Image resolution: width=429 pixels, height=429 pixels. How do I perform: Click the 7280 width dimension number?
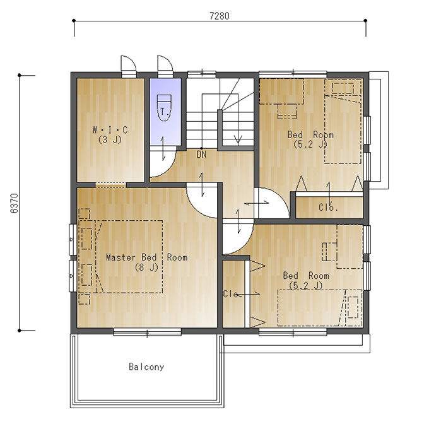click(x=220, y=16)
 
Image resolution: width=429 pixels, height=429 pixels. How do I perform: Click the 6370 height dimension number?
click(x=15, y=203)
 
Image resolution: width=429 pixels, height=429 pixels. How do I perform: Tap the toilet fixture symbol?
click(x=164, y=108)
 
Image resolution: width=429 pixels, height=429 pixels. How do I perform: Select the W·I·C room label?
click(x=110, y=130)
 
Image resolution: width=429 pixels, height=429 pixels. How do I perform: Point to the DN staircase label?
click(x=202, y=155)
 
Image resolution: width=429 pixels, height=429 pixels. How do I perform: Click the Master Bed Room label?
click(x=147, y=257)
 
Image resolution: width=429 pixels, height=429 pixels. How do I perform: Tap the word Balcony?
click(x=146, y=367)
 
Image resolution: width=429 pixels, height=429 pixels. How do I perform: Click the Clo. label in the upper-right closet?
click(x=328, y=208)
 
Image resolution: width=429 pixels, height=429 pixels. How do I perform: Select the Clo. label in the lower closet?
click(x=232, y=294)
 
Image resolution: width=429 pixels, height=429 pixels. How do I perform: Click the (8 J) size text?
click(x=146, y=267)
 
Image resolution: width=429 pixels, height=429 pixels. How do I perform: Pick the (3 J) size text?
click(x=110, y=140)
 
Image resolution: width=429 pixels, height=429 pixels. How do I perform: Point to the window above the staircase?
click(x=202, y=73)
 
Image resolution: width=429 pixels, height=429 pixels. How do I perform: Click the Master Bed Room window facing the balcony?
click(x=147, y=332)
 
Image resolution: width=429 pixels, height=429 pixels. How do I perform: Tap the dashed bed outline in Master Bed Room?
click(x=129, y=257)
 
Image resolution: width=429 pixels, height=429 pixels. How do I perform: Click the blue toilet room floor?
click(x=165, y=112)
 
